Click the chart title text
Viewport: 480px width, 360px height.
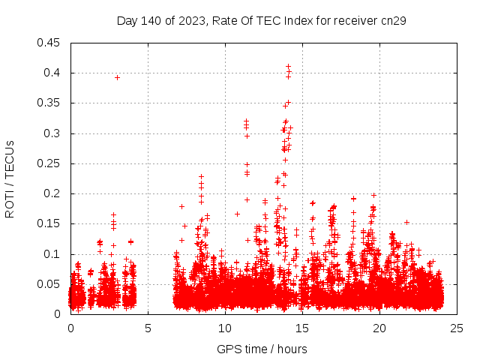coord(261,20)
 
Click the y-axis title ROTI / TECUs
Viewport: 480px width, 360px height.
coord(10,178)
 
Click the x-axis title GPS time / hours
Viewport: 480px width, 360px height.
coord(262,349)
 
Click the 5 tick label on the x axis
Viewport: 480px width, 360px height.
coord(148,328)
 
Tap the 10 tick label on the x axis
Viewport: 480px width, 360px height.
coord(226,328)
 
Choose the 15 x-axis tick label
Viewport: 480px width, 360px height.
coord(303,328)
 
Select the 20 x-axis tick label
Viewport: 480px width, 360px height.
coord(380,328)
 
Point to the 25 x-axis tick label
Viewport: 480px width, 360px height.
coord(457,328)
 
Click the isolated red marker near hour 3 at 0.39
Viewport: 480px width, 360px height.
coord(117,77)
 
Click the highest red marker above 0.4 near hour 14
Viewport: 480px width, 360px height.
coord(288,66)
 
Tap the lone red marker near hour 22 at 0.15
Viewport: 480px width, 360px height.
coord(406,222)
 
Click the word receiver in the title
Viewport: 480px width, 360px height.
coord(355,20)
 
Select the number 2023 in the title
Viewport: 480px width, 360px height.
coord(190,20)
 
